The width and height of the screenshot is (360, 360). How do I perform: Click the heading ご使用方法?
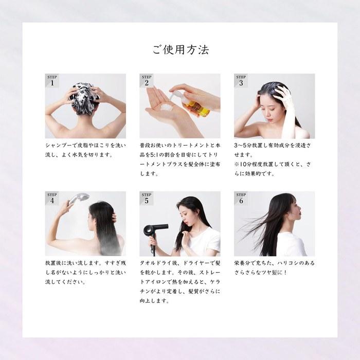[181, 49]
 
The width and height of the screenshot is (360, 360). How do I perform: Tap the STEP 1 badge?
[52, 81]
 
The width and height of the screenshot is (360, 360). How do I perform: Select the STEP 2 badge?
[147, 81]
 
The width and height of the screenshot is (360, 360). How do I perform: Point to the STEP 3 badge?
[241, 81]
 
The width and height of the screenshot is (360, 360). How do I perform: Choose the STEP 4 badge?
[52, 199]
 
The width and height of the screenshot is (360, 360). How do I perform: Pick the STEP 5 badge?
[147, 199]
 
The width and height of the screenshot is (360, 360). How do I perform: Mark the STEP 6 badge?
[241, 199]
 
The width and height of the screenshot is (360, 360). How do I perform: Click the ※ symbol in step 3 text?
[237, 164]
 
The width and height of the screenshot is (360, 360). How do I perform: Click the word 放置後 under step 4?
[53, 263]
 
